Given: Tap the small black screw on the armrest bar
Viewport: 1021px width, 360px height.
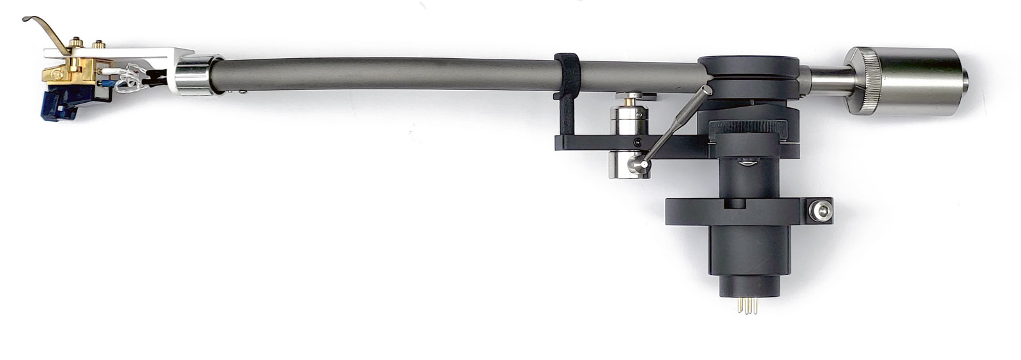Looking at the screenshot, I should (636, 142).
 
